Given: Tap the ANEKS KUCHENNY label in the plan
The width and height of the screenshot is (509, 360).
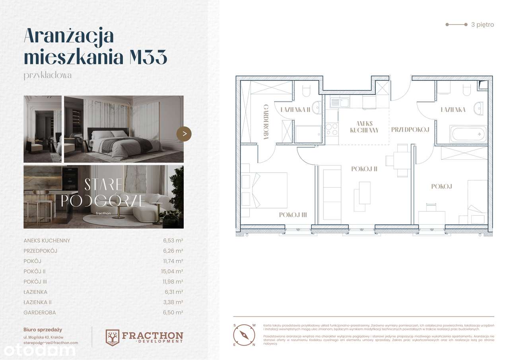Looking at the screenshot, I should pos(364,127).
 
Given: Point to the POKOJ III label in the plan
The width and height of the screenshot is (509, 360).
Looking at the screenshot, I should pos(292,215).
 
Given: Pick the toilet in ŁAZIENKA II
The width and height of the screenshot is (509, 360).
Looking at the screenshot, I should pos(307,91).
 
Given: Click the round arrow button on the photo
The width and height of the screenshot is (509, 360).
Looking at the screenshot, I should pos(184,134).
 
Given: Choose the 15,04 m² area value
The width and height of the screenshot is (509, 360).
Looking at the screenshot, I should pos(174,272).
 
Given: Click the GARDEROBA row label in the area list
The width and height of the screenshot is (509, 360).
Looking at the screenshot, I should pos(40,313).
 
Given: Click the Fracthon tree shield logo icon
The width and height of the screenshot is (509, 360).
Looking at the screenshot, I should pos(112,337).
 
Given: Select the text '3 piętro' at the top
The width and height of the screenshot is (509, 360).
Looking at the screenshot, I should pos(482,25).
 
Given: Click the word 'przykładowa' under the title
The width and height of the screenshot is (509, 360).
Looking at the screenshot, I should pos(48,75).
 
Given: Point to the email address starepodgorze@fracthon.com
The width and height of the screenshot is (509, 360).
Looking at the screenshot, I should pos(51,342).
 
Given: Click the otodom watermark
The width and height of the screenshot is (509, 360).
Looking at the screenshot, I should pos(40,350).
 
